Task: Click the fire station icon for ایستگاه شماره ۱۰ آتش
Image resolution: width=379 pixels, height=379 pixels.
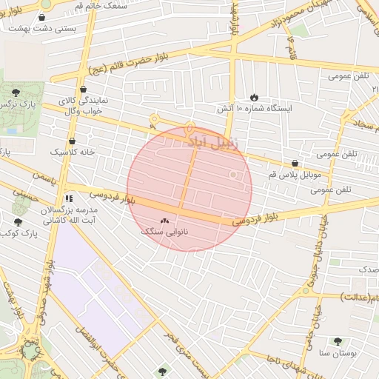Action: click(x=254, y=97)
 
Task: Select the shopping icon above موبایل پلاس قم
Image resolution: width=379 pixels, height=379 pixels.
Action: click(x=295, y=164)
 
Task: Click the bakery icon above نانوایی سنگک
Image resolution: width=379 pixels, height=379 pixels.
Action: click(x=164, y=220)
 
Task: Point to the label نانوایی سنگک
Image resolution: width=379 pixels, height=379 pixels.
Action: click(x=164, y=232)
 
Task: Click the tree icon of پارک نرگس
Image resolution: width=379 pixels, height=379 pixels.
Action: click(x=16, y=93)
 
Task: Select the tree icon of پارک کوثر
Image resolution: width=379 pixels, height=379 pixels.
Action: click(x=18, y=221)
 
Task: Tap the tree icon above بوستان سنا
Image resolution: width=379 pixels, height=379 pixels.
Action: click(x=338, y=341)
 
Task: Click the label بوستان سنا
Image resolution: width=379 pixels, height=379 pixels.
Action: click(x=338, y=354)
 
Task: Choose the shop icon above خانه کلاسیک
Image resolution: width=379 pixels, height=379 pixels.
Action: click(x=72, y=140)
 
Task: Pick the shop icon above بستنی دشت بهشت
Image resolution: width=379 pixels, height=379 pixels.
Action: click(x=41, y=17)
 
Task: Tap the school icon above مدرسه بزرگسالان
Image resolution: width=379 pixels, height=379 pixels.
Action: click(x=69, y=198)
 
